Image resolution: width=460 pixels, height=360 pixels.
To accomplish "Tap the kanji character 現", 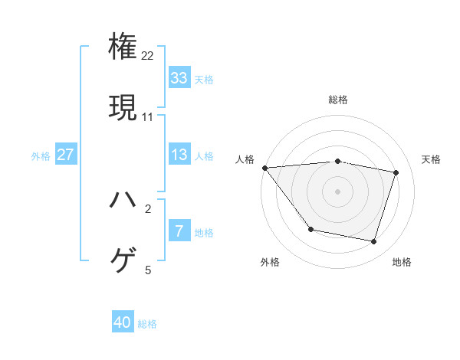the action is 123,106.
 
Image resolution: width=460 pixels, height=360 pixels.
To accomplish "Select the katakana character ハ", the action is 123,200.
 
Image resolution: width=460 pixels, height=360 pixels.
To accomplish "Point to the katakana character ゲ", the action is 123,260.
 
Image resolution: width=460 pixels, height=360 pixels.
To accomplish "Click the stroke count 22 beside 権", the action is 148,56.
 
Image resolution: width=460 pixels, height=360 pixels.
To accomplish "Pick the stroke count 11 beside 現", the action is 148,117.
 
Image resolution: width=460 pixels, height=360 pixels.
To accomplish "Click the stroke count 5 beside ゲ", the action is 148,270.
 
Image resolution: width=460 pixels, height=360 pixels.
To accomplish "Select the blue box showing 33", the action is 179,78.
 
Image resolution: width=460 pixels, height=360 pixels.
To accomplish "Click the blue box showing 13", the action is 179,155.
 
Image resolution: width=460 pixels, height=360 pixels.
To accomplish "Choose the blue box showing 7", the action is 179,231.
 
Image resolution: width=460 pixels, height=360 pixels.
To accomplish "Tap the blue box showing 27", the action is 65,155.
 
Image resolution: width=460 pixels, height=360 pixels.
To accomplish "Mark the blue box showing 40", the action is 123,323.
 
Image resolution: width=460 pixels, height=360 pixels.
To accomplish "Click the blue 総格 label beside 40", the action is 147,324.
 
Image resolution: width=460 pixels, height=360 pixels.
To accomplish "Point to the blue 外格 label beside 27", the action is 41,155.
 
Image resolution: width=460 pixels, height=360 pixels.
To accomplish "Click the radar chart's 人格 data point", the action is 264,168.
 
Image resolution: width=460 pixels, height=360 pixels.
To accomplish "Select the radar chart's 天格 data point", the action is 396,172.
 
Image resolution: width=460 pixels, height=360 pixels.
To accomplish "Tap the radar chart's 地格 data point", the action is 373,242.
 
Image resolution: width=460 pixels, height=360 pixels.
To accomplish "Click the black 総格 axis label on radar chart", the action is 338,100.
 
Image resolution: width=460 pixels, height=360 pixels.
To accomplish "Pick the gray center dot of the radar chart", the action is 337,191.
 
